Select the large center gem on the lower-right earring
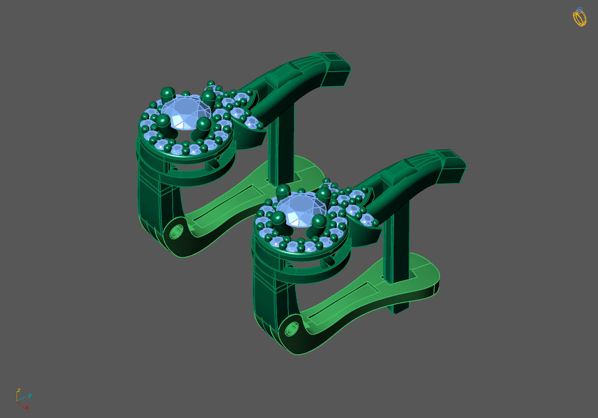click(x=300, y=209)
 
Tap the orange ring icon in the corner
click(x=579, y=17)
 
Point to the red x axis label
click(x=27, y=407)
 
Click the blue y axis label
click(x=29, y=395)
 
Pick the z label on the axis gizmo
click(x=18, y=390)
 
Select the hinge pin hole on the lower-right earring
click(x=291, y=329)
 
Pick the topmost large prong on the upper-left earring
click(x=168, y=93)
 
